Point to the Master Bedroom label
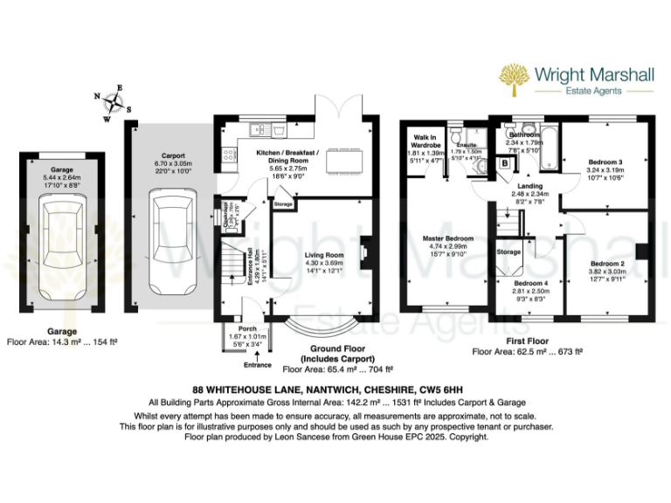(447, 238)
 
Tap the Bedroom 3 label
(605, 162)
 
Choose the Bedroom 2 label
(606, 263)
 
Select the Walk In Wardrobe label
(426, 141)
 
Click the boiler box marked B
(504, 162)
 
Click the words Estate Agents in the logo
(594, 90)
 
